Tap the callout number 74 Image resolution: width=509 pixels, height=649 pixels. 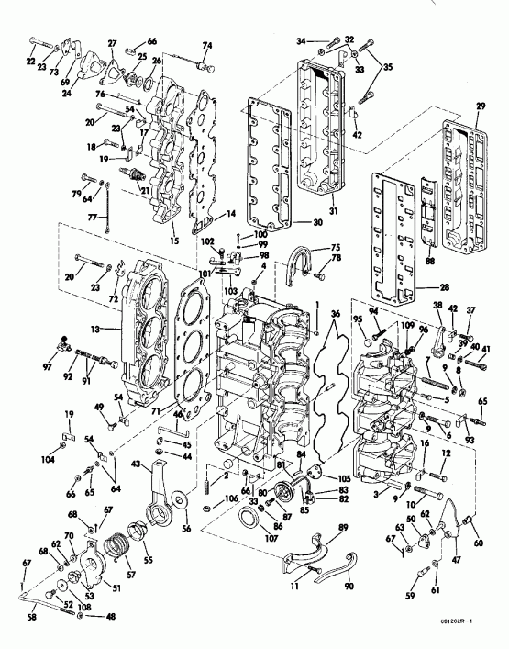(x=207, y=46)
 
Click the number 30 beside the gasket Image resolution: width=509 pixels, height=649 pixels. (x=291, y=221)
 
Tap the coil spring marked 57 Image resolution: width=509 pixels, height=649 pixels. (x=116, y=554)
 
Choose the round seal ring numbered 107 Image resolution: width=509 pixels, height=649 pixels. (x=248, y=528)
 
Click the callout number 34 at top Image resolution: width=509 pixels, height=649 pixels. (x=301, y=41)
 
